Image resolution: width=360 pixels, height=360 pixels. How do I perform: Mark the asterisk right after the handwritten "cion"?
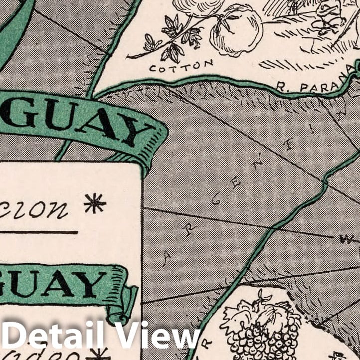coord(95,203)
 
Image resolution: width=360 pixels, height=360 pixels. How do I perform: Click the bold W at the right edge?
coord(346,239)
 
